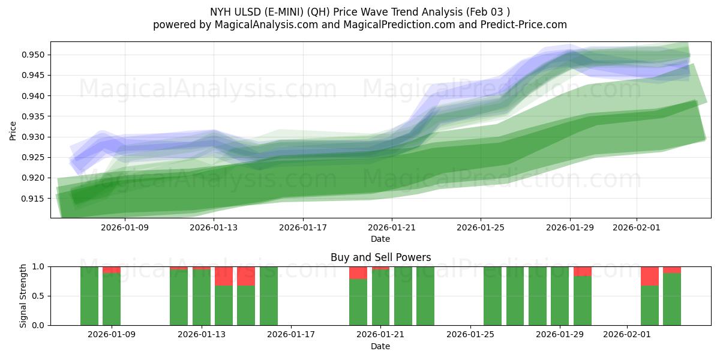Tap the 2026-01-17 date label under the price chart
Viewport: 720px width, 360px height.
(x=302, y=228)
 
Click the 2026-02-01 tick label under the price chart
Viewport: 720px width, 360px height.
(x=636, y=228)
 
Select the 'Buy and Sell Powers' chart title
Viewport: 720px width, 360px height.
(x=380, y=257)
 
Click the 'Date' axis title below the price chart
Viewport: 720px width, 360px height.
(x=380, y=239)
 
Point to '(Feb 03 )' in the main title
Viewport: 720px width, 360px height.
(x=487, y=12)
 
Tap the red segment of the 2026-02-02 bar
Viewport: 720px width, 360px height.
(x=650, y=276)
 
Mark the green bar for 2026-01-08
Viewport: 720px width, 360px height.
(x=89, y=296)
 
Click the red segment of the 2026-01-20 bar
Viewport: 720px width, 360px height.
(x=358, y=272)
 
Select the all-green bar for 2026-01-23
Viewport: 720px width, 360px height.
(x=425, y=296)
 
